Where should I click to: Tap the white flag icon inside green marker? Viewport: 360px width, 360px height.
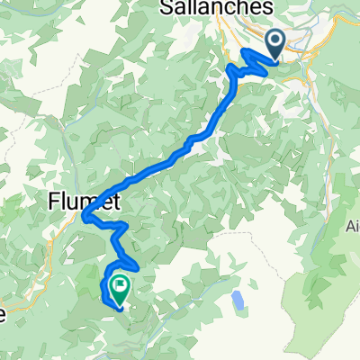click(x=118, y=285)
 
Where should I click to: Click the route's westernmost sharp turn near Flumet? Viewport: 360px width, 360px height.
click(x=85, y=216)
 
